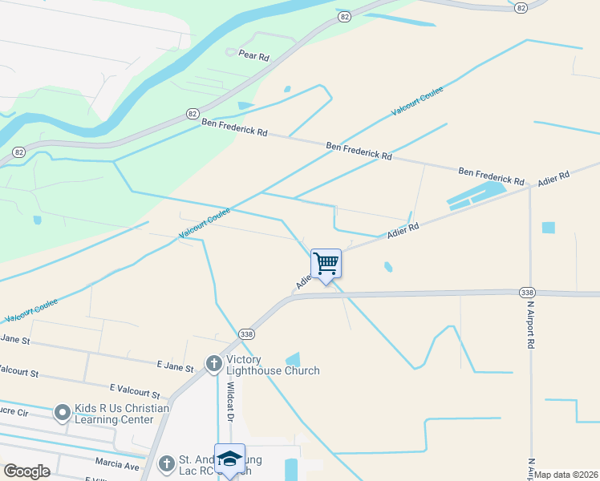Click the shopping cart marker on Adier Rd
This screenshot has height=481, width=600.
pyautogui.click(x=326, y=264)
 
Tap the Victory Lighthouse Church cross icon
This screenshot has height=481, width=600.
pyautogui.click(x=213, y=364)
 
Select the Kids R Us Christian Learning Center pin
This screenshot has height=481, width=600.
pyautogui.click(x=62, y=414)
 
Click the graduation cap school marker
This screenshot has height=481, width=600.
pyautogui.click(x=229, y=458)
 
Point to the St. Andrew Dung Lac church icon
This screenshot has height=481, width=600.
pyautogui.click(x=166, y=463)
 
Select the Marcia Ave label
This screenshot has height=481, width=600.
pyautogui.click(x=117, y=466)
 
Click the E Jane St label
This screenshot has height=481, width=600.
pyautogui.click(x=176, y=367)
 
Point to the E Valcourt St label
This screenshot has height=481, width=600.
pyautogui.click(x=135, y=391)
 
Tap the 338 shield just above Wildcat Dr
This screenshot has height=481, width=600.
pyautogui.click(x=247, y=333)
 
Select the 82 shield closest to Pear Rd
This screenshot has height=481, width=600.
pyautogui.click(x=344, y=16)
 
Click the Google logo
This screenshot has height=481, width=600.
pyautogui.click(x=26, y=471)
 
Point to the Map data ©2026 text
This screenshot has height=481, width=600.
pyautogui.click(x=566, y=475)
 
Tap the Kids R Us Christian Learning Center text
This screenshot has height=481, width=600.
pyautogui.click(x=122, y=414)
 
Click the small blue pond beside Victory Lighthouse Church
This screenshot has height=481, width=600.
pyautogui.click(x=292, y=360)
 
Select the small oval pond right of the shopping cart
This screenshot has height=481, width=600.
pyautogui.click(x=388, y=267)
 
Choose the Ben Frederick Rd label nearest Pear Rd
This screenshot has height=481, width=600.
pyautogui.click(x=234, y=127)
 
